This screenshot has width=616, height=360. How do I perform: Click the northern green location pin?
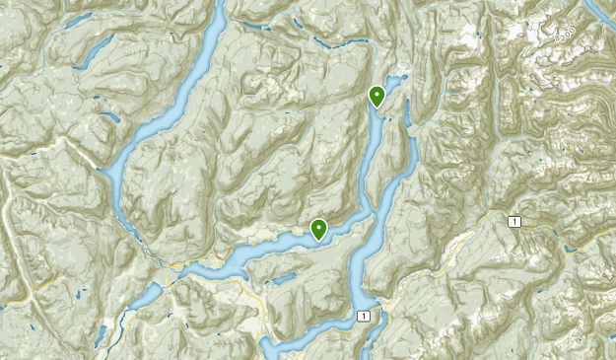(376, 96)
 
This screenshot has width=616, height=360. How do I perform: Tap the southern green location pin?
(319, 229)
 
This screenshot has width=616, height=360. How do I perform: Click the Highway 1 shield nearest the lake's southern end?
(365, 315)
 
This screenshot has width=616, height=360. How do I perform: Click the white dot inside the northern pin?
(376, 94)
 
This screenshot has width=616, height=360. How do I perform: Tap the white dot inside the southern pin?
(319, 227)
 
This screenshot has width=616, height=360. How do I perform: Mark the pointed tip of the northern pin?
(376, 108)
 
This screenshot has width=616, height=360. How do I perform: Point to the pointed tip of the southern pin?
(319, 242)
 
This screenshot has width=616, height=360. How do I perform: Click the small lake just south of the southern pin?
(282, 280)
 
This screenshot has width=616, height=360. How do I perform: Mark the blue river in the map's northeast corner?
(601, 10)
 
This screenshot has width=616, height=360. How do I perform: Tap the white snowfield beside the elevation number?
(537, 39)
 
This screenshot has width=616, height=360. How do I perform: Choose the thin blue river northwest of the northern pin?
(335, 44)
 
